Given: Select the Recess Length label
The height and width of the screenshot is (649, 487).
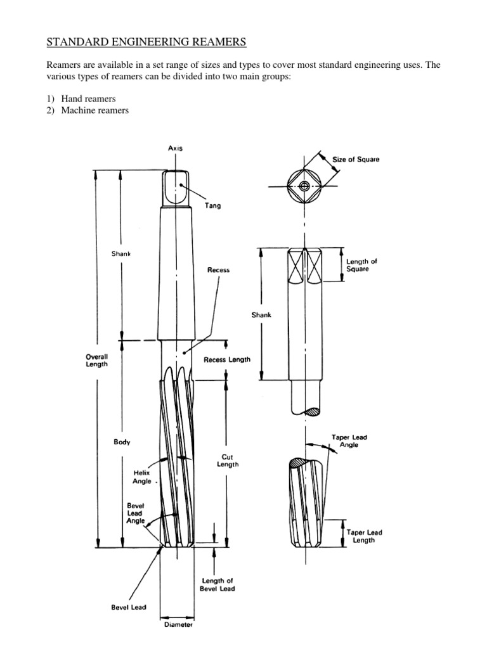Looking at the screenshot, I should point(226,359).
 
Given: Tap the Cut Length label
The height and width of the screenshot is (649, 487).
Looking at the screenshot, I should point(230,459).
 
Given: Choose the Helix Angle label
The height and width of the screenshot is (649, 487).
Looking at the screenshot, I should point(142,477).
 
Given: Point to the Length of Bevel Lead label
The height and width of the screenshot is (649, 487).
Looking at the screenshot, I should point(218,585).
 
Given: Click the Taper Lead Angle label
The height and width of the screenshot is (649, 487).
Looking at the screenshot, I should point(349,440).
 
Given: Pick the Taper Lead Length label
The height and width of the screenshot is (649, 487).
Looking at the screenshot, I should point(364,536).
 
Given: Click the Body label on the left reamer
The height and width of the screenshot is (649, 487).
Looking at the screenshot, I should point(122,442).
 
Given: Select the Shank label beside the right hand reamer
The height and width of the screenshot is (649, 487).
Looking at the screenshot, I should point(261,315).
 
